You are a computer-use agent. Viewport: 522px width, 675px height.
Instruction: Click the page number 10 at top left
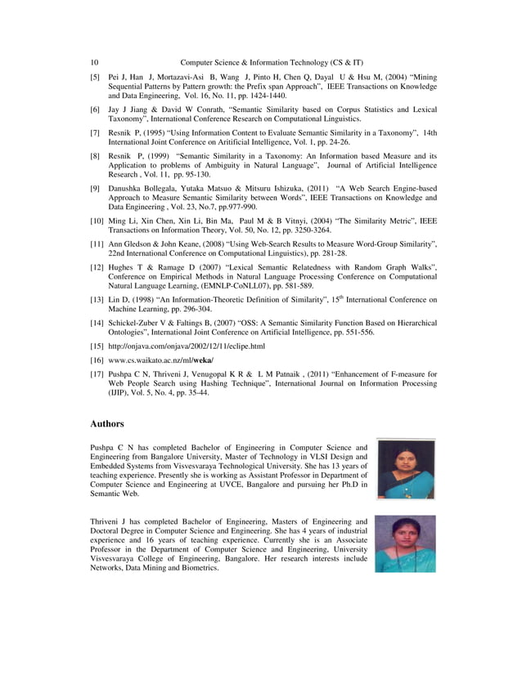94,62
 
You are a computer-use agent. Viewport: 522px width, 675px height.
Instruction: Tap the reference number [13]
97,300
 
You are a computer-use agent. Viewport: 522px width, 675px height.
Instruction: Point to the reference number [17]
97,374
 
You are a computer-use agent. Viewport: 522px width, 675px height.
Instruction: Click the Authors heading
107,424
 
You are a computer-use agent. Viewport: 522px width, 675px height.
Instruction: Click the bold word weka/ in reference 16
202,360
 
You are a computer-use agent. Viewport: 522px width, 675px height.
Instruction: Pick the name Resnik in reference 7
123,132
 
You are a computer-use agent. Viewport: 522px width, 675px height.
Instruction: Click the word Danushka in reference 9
128,188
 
